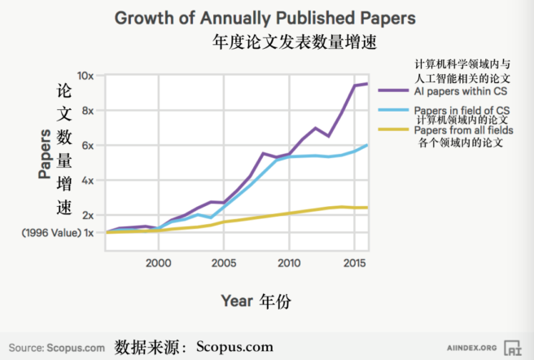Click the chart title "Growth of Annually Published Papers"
(x=265, y=17)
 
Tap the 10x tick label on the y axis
(x=86, y=76)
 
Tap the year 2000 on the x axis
(x=158, y=263)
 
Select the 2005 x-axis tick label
(x=224, y=263)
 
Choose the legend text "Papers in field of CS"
(x=462, y=110)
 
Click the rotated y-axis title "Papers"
(x=44, y=155)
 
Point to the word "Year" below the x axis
(x=237, y=301)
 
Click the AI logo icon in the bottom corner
(x=513, y=348)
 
